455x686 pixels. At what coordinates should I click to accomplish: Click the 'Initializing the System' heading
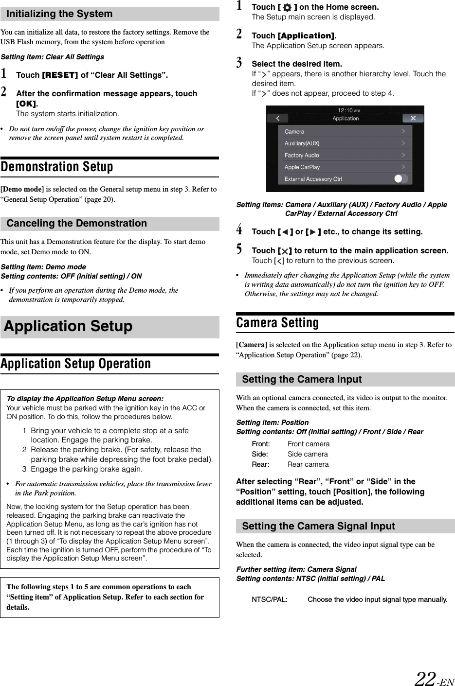(59, 14)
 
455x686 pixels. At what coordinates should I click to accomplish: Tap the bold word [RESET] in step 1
(60, 75)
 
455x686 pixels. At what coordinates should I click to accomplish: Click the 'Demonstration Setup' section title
(57, 167)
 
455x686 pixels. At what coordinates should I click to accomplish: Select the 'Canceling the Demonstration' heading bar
(76, 223)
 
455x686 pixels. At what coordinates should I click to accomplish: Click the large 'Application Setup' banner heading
(68, 326)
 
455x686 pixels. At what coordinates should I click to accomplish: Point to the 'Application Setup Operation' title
(76, 364)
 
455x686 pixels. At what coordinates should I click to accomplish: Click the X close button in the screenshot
(413, 118)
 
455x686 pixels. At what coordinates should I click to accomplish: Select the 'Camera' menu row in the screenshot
(345, 131)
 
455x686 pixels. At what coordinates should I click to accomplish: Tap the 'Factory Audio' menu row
(345, 155)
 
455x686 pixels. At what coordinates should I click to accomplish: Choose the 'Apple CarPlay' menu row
(345, 167)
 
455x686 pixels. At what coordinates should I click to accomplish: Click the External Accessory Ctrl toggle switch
(400, 178)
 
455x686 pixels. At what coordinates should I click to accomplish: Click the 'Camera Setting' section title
(277, 323)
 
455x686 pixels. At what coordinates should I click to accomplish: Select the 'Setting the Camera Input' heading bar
(302, 379)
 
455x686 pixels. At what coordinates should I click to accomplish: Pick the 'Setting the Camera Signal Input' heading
(318, 526)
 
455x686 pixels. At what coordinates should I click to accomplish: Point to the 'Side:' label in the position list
(259, 454)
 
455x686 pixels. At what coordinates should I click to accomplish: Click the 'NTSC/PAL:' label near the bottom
(269, 599)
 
